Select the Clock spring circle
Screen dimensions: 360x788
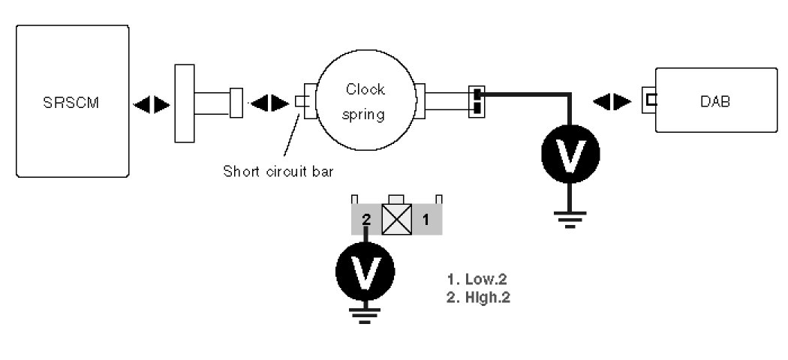(x=365, y=103)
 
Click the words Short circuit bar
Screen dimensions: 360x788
(x=278, y=169)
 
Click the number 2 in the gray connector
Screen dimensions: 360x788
(x=365, y=220)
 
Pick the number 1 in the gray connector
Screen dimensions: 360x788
(x=425, y=220)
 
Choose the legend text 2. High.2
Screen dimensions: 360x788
(x=479, y=296)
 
